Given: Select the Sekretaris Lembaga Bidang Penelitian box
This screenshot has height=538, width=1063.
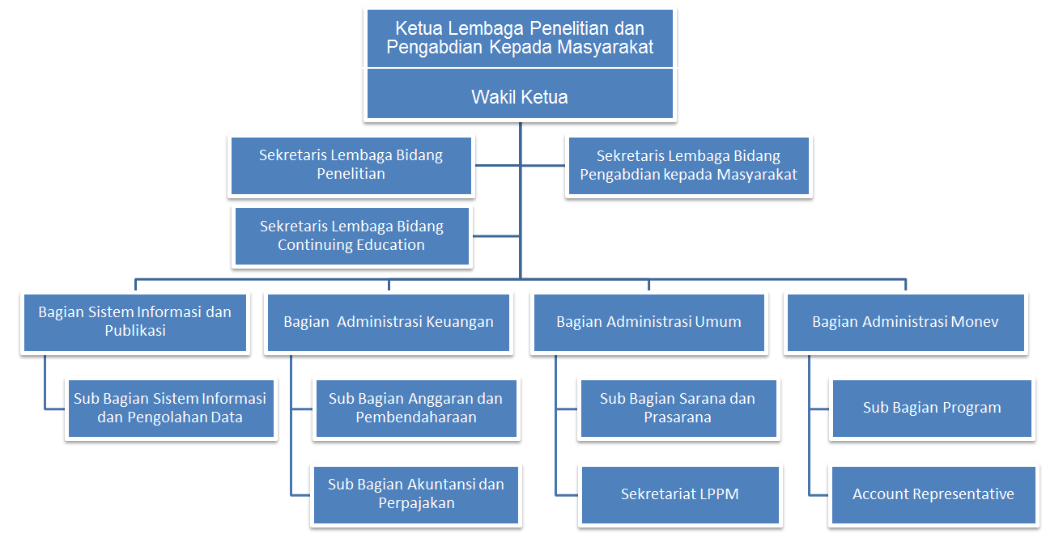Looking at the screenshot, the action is (x=351, y=165).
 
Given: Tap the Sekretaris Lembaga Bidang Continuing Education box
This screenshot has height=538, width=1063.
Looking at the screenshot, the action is (x=351, y=236).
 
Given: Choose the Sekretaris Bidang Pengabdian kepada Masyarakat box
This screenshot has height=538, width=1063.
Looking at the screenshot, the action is (x=689, y=165).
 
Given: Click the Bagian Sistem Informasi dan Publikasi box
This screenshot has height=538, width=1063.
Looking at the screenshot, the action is (x=135, y=322).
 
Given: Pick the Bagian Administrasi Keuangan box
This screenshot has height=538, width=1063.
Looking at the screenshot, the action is (x=388, y=322).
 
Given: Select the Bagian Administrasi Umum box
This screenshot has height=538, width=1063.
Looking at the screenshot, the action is (x=649, y=322).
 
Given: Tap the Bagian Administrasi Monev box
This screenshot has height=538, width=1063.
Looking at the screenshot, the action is (x=905, y=322).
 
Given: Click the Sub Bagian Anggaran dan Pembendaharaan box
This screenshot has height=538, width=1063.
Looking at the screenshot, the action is (x=416, y=408).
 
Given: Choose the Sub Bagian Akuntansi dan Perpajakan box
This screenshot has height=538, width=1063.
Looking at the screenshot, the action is (x=415, y=495).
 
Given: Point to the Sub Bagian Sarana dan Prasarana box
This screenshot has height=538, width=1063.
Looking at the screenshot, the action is (x=678, y=408).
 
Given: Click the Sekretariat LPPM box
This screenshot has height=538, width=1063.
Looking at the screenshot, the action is (x=680, y=495).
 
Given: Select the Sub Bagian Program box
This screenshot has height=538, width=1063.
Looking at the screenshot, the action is (x=932, y=408).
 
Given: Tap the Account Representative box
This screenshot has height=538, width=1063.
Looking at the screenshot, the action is (x=933, y=495).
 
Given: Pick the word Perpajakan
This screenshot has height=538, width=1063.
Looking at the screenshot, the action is (x=416, y=503).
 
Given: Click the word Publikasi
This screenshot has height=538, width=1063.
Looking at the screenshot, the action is (x=135, y=330).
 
